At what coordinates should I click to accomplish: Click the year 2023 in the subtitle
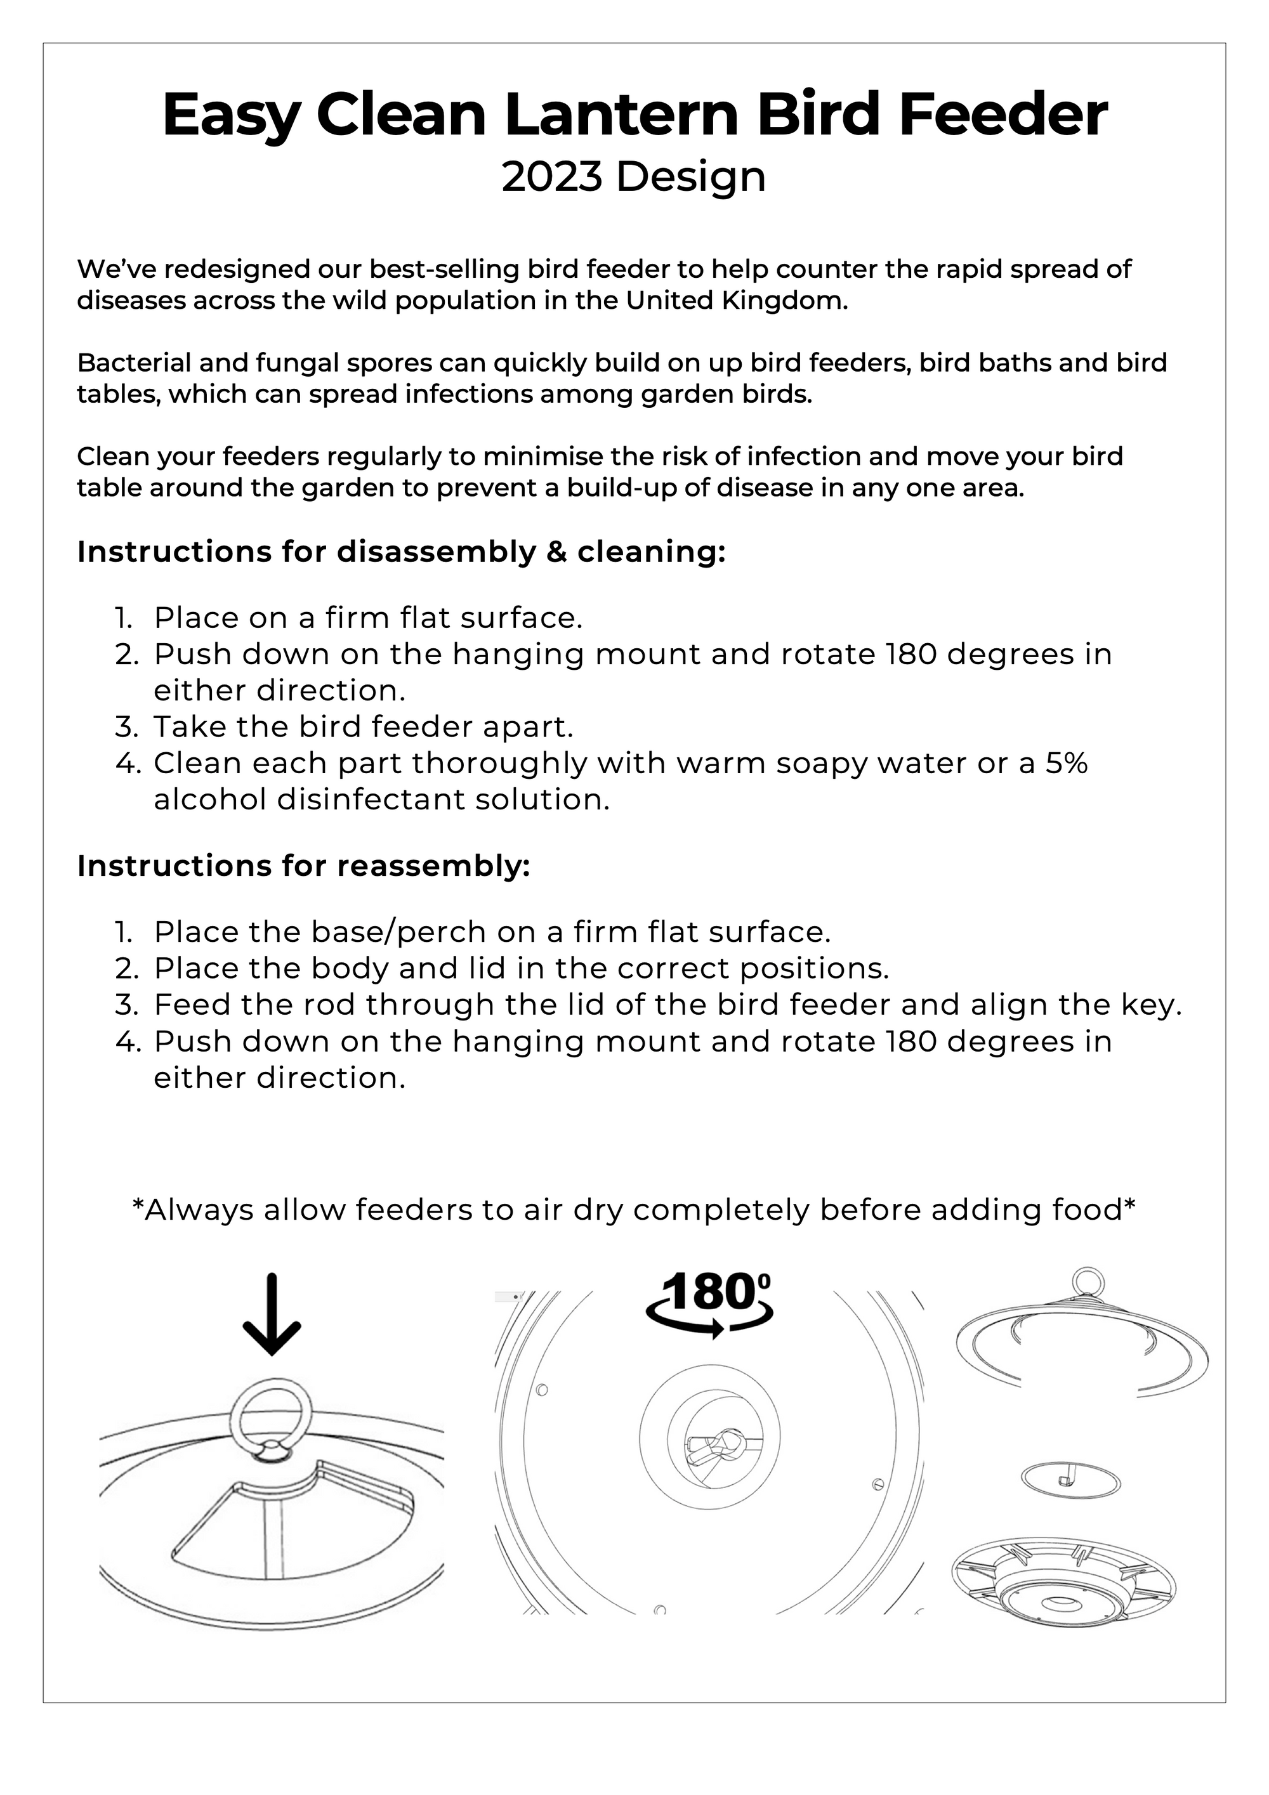pyautogui.click(x=552, y=177)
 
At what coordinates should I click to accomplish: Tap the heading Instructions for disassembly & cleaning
pyautogui.click(x=401, y=552)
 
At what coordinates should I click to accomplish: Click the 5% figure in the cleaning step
pyautogui.click(x=1067, y=763)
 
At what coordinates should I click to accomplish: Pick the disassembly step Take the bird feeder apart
pyautogui.click(x=364, y=726)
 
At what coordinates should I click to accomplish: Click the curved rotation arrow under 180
pyautogui.click(x=708, y=1326)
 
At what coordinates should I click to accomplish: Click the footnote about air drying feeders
pyautogui.click(x=634, y=1210)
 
